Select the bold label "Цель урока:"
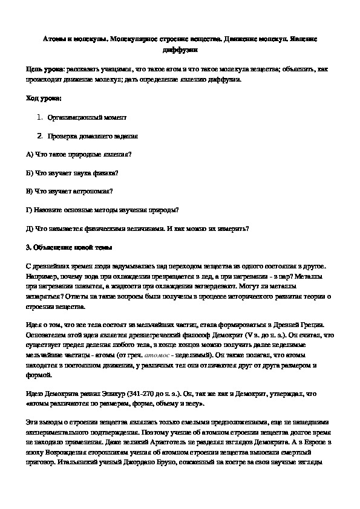click(44, 70)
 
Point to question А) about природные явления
click(79, 154)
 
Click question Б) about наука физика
click(73, 173)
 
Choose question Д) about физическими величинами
click(139, 229)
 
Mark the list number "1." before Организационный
click(39, 117)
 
